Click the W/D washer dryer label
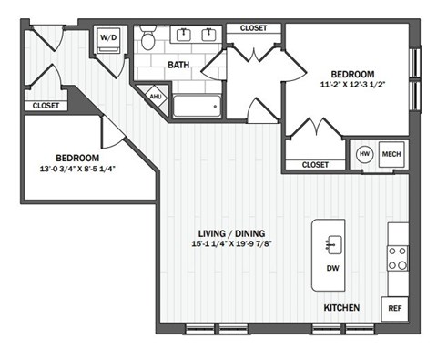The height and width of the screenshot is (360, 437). coord(108,38)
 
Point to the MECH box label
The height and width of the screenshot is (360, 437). coord(392,153)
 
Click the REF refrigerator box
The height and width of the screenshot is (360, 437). coord(395,309)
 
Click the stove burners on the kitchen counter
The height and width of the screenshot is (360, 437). coord(398,258)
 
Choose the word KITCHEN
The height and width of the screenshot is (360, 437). coord(341,309)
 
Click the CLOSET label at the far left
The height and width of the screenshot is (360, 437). coord(46,106)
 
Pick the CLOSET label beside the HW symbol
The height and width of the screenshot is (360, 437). coord(314,165)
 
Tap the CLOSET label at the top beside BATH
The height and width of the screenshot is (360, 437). coord(253,28)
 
